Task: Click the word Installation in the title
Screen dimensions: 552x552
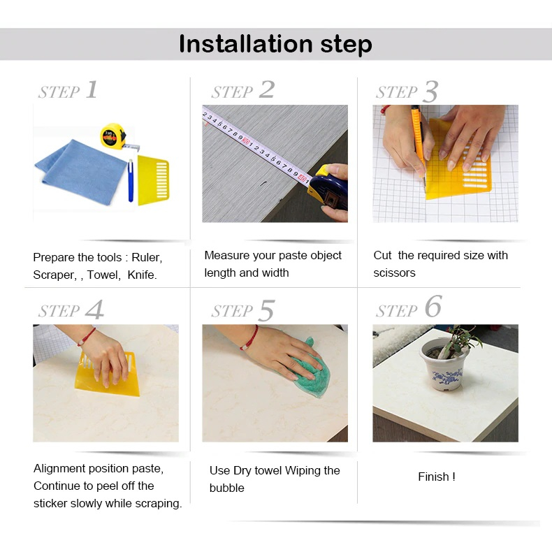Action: [246, 44]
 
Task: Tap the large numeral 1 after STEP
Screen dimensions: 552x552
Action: [92, 89]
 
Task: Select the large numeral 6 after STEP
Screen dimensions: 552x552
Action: [433, 306]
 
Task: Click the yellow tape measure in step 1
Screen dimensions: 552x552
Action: [113, 136]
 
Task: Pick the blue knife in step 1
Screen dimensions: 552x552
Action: [130, 180]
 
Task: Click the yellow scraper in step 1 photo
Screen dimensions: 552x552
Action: [153, 180]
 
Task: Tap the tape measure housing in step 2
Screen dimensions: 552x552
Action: [328, 190]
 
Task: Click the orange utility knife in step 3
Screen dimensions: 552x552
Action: [419, 141]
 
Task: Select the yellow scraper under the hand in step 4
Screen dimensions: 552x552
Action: [108, 376]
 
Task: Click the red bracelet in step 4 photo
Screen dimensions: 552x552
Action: [87, 336]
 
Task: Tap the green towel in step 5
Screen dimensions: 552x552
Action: [310, 372]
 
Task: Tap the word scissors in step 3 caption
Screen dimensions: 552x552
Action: [394, 273]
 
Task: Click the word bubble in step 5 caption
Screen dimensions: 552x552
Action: [226, 488]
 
